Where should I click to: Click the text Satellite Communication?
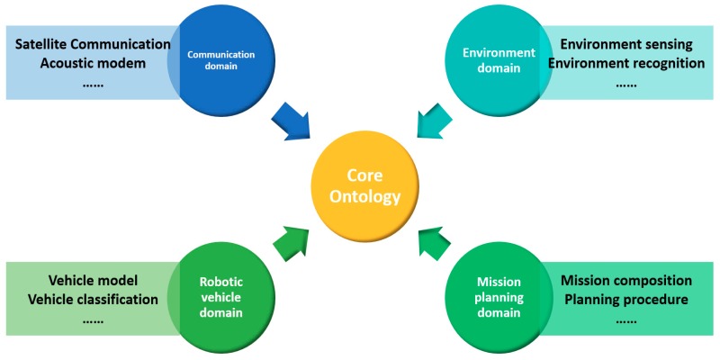93,43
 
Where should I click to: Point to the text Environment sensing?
626,43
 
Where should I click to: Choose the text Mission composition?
626,280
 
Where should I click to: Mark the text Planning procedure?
626,299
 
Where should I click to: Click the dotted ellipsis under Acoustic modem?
93,84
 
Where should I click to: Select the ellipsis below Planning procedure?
626,319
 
